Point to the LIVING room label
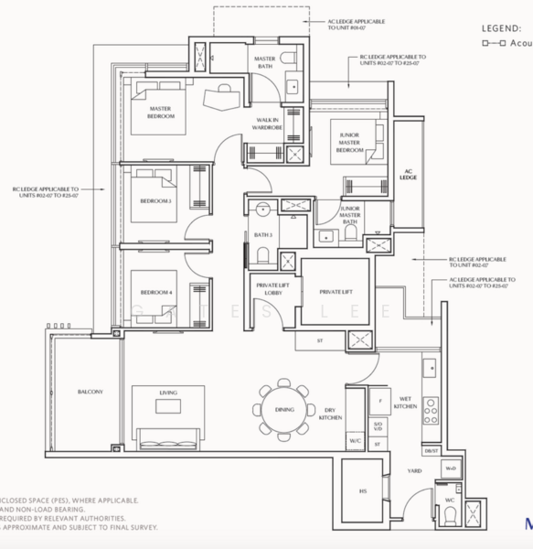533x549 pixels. [167, 393]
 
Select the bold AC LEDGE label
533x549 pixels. [408, 176]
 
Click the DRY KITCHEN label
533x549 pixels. [331, 414]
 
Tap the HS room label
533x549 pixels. [363, 491]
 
